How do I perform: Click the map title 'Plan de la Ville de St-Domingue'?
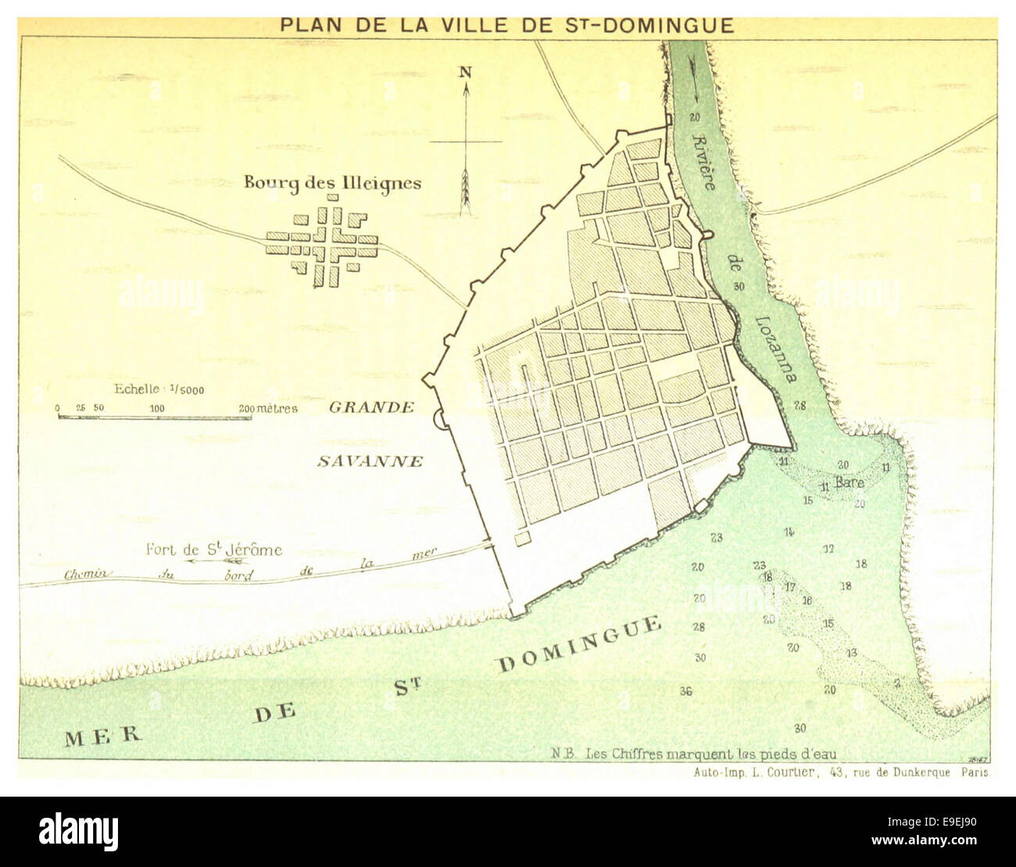(x=507, y=26)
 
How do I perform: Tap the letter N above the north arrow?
(x=465, y=72)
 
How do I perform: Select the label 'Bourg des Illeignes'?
(x=332, y=183)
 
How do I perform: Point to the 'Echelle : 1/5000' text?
(x=159, y=389)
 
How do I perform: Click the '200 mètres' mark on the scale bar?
(x=267, y=408)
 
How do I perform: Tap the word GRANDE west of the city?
(x=371, y=407)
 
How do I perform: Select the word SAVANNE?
(x=370, y=461)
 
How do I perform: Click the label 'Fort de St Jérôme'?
(x=213, y=550)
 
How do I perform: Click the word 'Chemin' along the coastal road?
(x=88, y=574)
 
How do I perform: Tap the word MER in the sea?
(x=103, y=736)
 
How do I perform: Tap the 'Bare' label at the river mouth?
(x=849, y=483)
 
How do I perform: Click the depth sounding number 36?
(x=686, y=691)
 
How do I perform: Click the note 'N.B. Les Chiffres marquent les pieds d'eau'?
(x=693, y=754)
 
